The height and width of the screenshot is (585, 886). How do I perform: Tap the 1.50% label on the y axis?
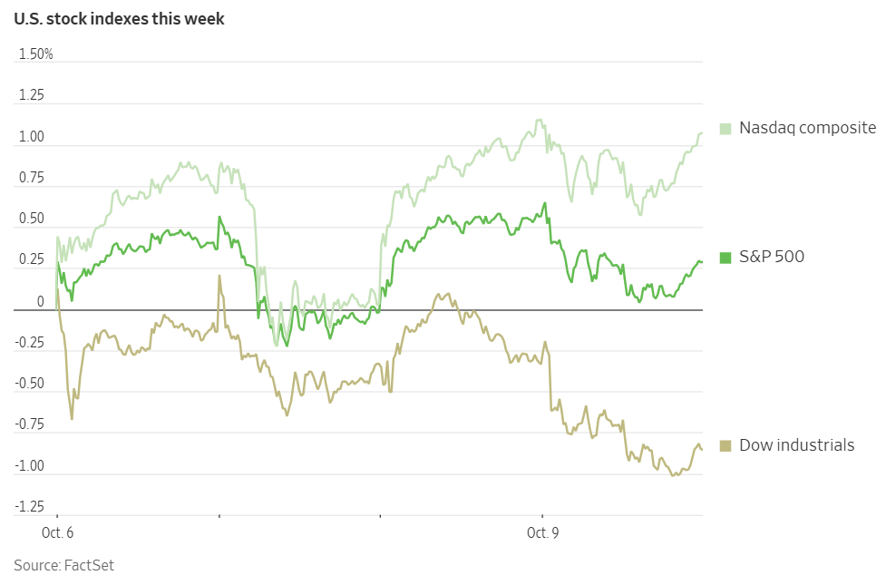click(x=36, y=54)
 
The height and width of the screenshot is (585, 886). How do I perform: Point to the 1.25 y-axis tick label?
click(x=33, y=96)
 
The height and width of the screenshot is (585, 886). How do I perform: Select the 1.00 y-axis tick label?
click(x=33, y=137)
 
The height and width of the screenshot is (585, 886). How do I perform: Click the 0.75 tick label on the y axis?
click(x=33, y=178)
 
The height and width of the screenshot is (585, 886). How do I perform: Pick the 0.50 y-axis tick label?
click(x=33, y=219)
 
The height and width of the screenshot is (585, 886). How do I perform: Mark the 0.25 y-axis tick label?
click(x=33, y=260)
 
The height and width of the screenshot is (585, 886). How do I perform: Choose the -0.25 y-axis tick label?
click(x=31, y=343)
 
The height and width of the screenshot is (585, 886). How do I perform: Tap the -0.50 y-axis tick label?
click(x=31, y=384)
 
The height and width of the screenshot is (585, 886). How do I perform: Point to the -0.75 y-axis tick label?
click(x=31, y=424)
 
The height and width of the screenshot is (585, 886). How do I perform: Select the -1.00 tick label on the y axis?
click(x=31, y=466)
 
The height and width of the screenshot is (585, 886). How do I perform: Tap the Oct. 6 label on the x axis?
click(x=58, y=533)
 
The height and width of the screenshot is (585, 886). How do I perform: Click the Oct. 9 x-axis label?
click(x=542, y=533)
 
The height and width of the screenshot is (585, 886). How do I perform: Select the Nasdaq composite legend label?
click(x=807, y=128)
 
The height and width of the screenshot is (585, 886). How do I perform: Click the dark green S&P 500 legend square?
click(x=725, y=258)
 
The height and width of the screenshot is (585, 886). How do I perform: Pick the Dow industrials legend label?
click(x=796, y=445)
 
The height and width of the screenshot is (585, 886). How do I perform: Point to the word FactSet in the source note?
click(x=89, y=566)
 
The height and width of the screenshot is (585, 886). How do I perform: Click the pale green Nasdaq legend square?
click(x=725, y=128)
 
